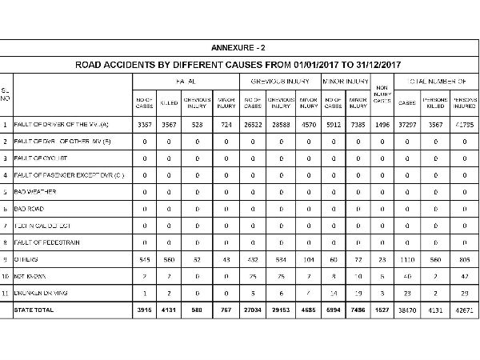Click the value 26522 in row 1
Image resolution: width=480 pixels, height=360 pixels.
tap(252, 126)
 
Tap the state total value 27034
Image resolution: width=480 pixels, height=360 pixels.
tap(252, 309)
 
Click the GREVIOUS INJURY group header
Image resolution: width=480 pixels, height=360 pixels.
tap(280, 82)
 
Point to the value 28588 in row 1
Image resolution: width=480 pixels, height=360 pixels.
tap(280, 126)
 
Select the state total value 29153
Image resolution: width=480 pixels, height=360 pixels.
tap(280, 309)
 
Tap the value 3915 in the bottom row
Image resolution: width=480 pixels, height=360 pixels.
tap(144, 309)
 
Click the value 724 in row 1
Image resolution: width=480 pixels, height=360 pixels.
tap(226, 126)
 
